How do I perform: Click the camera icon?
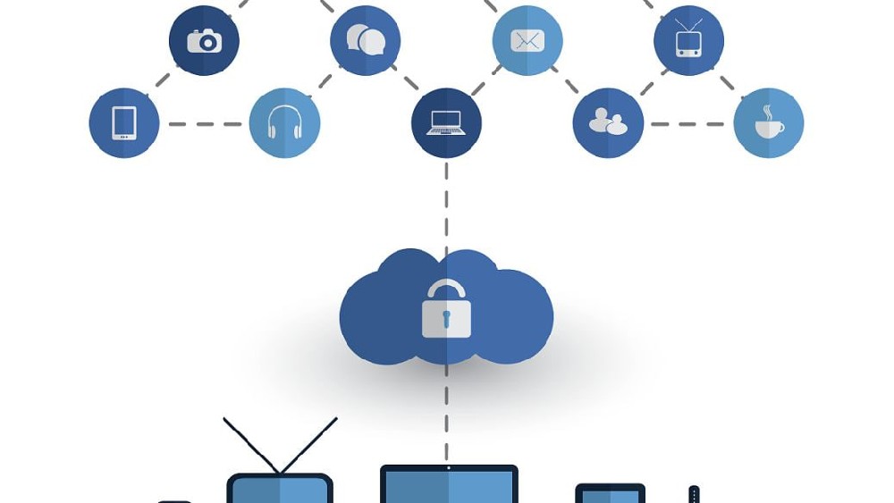(204, 40)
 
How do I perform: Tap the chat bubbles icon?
(365, 39)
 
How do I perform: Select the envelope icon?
(527, 40)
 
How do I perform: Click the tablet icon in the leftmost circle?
(124, 122)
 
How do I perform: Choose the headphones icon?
(284, 122)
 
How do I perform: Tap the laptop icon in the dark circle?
(446, 122)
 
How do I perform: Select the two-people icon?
(608, 122)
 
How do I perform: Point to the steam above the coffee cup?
(766, 112)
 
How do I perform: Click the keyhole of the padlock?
(445, 319)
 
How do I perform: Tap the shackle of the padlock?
(445, 289)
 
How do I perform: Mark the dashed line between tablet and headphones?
(204, 124)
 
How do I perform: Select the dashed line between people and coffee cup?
(687, 124)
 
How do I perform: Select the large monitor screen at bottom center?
(449, 487)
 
